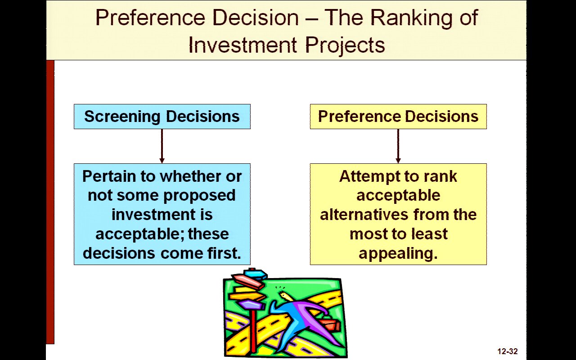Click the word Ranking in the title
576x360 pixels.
[411, 18]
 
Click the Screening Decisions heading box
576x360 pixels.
[162, 117]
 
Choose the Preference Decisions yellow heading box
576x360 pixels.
[398, 117]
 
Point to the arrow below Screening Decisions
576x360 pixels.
[162, 146]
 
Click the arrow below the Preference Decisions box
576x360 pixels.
[398, 146]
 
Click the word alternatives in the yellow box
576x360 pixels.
[364, 215]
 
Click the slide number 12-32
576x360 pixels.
[507, 351]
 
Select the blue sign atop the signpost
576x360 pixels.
[255, 273]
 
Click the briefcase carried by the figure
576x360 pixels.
[330, 324]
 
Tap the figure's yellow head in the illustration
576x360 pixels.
[286, 295]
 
